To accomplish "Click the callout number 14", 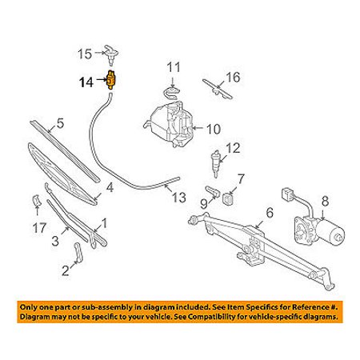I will (x=86, y=81).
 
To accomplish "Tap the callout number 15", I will (x=84, y=54).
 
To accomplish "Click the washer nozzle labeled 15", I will (x=111, y=54).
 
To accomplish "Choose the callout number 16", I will (x=233, y=78).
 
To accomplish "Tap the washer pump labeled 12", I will (x=215, y=159).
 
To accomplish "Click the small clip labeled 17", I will (x=36, y=200).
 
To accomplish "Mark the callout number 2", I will (x=66, y=270).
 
